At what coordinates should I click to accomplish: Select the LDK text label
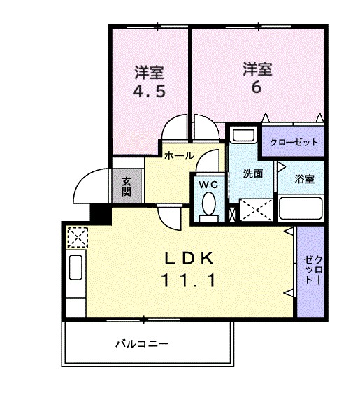coord(188,258)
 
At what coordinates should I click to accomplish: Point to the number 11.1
coord(188,280)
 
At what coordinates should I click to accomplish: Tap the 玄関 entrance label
coord(127,187)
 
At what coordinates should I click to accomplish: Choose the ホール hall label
coord(179,157)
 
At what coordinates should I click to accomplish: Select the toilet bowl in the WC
coord(208,205)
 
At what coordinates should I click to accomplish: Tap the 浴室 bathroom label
coord(304,178)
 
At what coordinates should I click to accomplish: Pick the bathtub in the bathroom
coord(300,208)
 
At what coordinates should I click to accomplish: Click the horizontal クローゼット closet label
coord(294,143)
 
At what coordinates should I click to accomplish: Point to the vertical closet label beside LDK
coord(310,271)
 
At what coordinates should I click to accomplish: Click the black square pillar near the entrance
coord(101,213)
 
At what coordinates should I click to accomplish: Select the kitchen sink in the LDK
coord(75,267)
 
